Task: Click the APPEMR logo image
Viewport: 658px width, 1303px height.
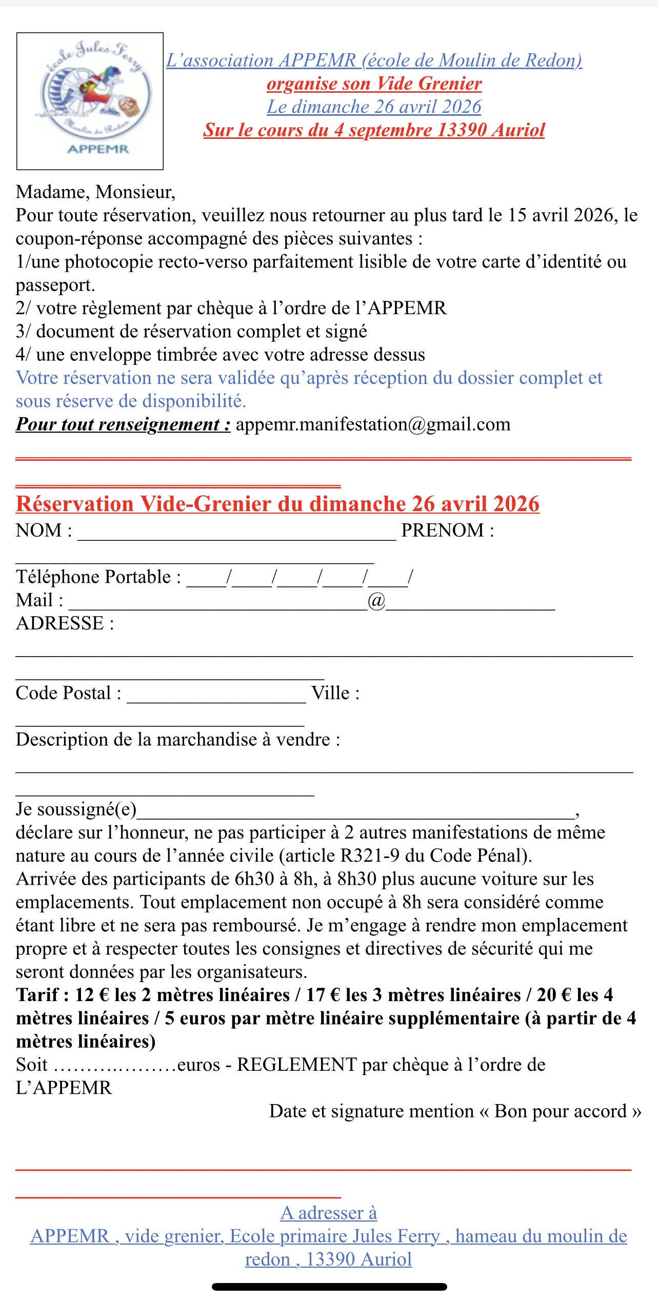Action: pyautogui.click(x=90, y=101)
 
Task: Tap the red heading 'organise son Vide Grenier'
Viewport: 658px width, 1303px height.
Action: pyautogui.click(x=374, y=84)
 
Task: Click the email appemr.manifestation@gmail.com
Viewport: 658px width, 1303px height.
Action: pyautogui.click(x=373, y=424)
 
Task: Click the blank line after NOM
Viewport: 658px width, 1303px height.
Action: pyautogui.click(x=236, y=533)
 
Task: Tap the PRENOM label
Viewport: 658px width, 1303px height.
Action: pyautogui.click(x=447, y=531)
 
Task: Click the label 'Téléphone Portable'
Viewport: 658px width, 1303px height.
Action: pyautogui.click(x=98, y=577)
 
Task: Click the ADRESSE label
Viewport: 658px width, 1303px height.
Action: pyautogui.click(x=65, y=624)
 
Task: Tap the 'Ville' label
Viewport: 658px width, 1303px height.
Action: pyautogui.click(x=335, y=694)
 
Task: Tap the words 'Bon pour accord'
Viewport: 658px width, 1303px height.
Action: pyautogui.click(x=560, y=1112)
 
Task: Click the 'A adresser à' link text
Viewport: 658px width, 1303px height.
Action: pyautogui.click(x=329, y=1213)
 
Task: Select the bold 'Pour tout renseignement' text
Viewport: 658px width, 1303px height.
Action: pyautogui.click(x=123, y=424)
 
